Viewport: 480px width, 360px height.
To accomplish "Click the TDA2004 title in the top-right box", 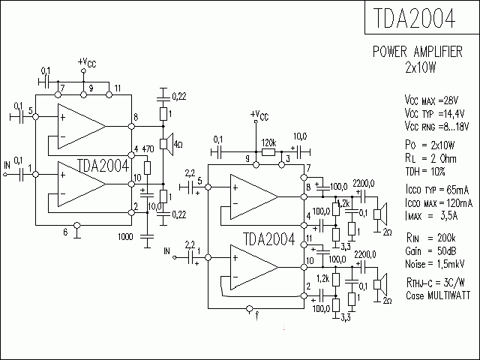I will (x=412, y=19).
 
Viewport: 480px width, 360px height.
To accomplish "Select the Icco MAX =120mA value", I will (x=438, y=203).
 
